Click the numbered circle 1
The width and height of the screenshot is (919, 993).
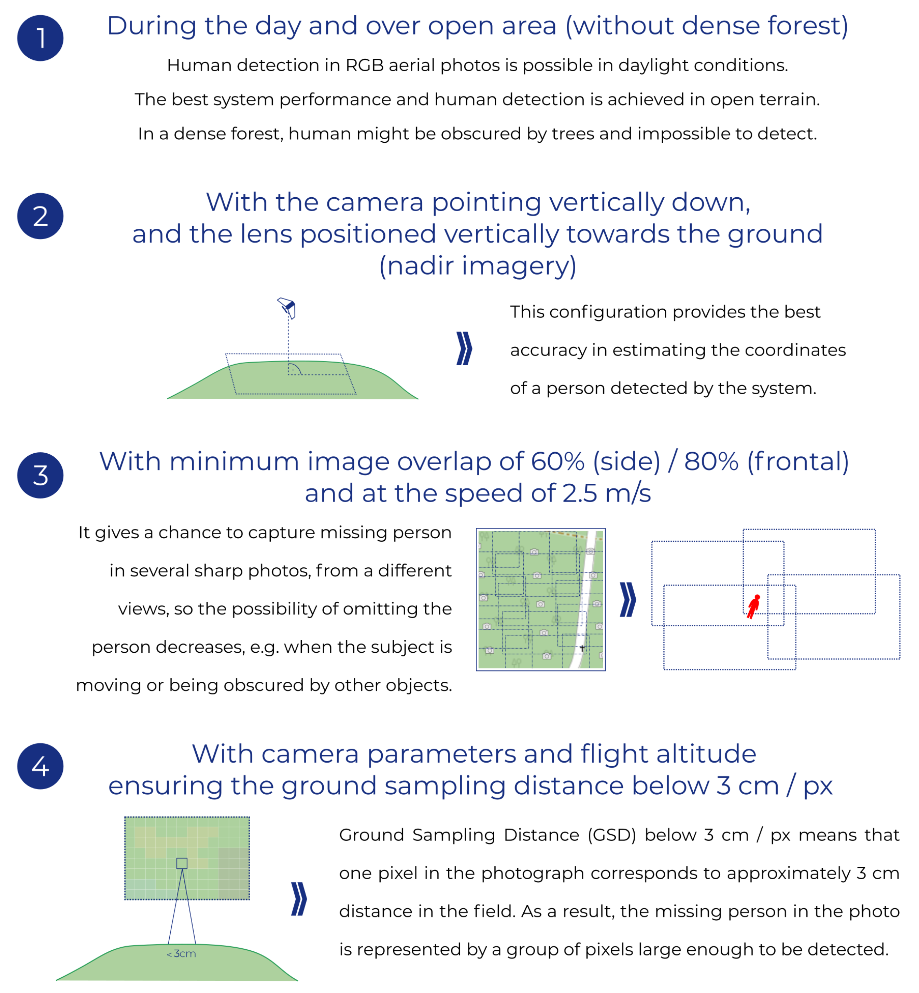coord(40,38)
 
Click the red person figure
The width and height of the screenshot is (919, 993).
coord(754,606)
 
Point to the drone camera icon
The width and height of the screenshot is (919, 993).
coord(287,307)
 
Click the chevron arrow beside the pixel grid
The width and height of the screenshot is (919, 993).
coord(299,899)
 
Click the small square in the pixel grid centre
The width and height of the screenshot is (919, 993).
coord(182,864)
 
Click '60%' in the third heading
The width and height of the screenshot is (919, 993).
coord(557,462)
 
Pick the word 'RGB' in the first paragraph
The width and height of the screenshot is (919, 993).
coord(365,65)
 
